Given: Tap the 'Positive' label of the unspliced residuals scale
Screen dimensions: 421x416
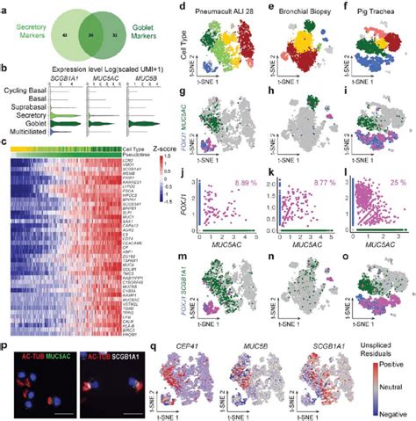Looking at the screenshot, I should (394, 359).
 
